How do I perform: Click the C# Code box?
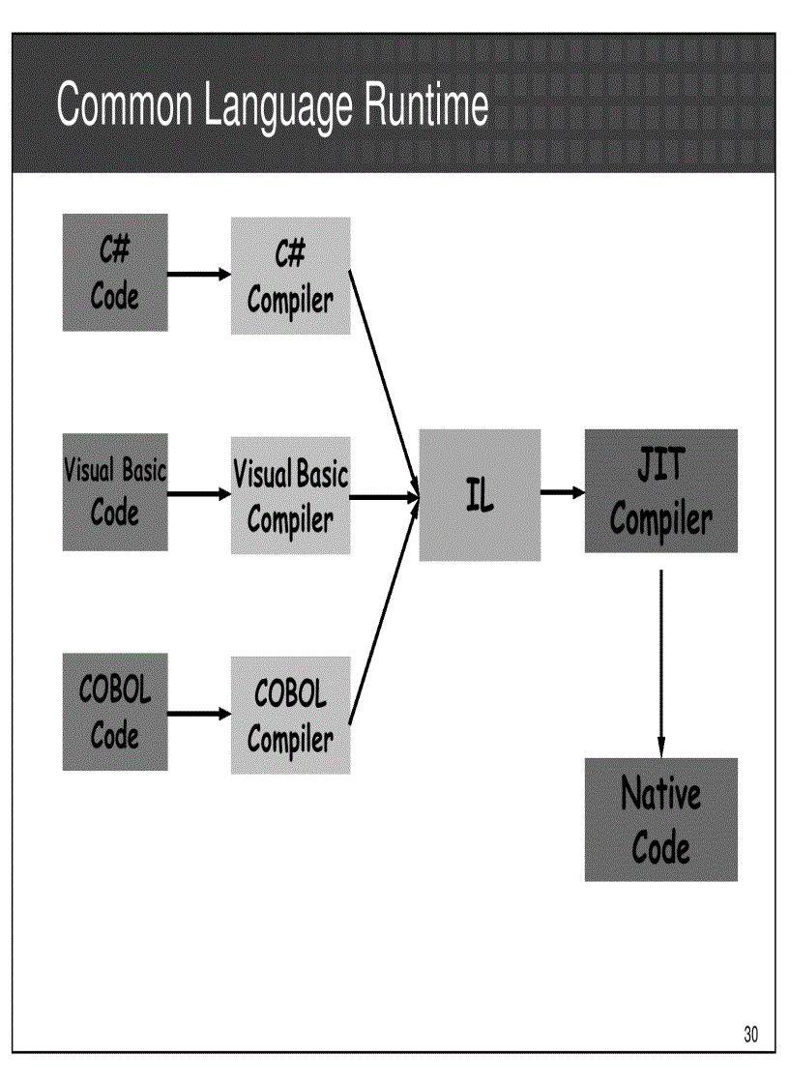click(x=115, y=273)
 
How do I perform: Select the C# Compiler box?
click(x=290, y=276)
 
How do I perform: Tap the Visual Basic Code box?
click(x=115, y=493)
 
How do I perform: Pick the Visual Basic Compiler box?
click(x=290, y=495)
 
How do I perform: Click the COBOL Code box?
click(x=115, y=712)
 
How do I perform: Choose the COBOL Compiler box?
click(x=290, y=715)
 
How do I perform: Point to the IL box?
click(x=480, y=495)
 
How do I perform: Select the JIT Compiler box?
click(x=660, y=491)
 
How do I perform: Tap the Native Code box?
click(x=660, y=819)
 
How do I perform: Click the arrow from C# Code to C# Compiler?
click(x=199, y=274)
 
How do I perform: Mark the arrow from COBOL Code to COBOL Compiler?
click(x=199, y=715)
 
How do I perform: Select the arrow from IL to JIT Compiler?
click(x=563, y=492)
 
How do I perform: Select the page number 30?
click(x=751, y=1035)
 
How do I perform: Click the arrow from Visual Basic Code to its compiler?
click(x=199, y=493)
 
